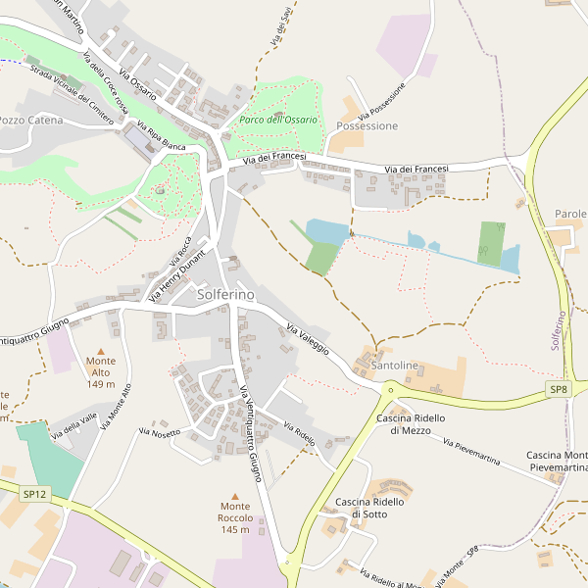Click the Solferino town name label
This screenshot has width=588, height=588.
click(x=225, y=294)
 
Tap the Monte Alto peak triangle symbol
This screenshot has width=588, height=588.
click(x=100, y=349)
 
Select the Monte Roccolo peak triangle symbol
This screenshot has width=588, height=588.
click(x=235, y=495)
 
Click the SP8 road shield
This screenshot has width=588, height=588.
click(x=558, y=390)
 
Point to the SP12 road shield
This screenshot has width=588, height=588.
click(x=35, y=495)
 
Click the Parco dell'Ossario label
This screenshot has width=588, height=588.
click(x=278, y=120)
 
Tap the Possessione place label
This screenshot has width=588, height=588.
click(x=367, y=126)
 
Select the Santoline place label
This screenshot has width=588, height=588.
click(x=395, y=366)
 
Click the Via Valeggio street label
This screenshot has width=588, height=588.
click(x=308, y=338)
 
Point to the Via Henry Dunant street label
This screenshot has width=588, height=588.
click(x=176, y=275)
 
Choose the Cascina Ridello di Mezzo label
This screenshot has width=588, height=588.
click(x=411, y=424)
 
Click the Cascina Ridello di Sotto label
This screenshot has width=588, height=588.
click(x=369, y=508)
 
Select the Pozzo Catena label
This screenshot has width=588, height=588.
click(x=31, y=121)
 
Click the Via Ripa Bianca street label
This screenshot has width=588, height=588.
click(x=162, y=136)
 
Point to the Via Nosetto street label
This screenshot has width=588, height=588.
click(x=160, y=431)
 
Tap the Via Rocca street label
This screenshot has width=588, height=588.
click(x=181, y=252)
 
